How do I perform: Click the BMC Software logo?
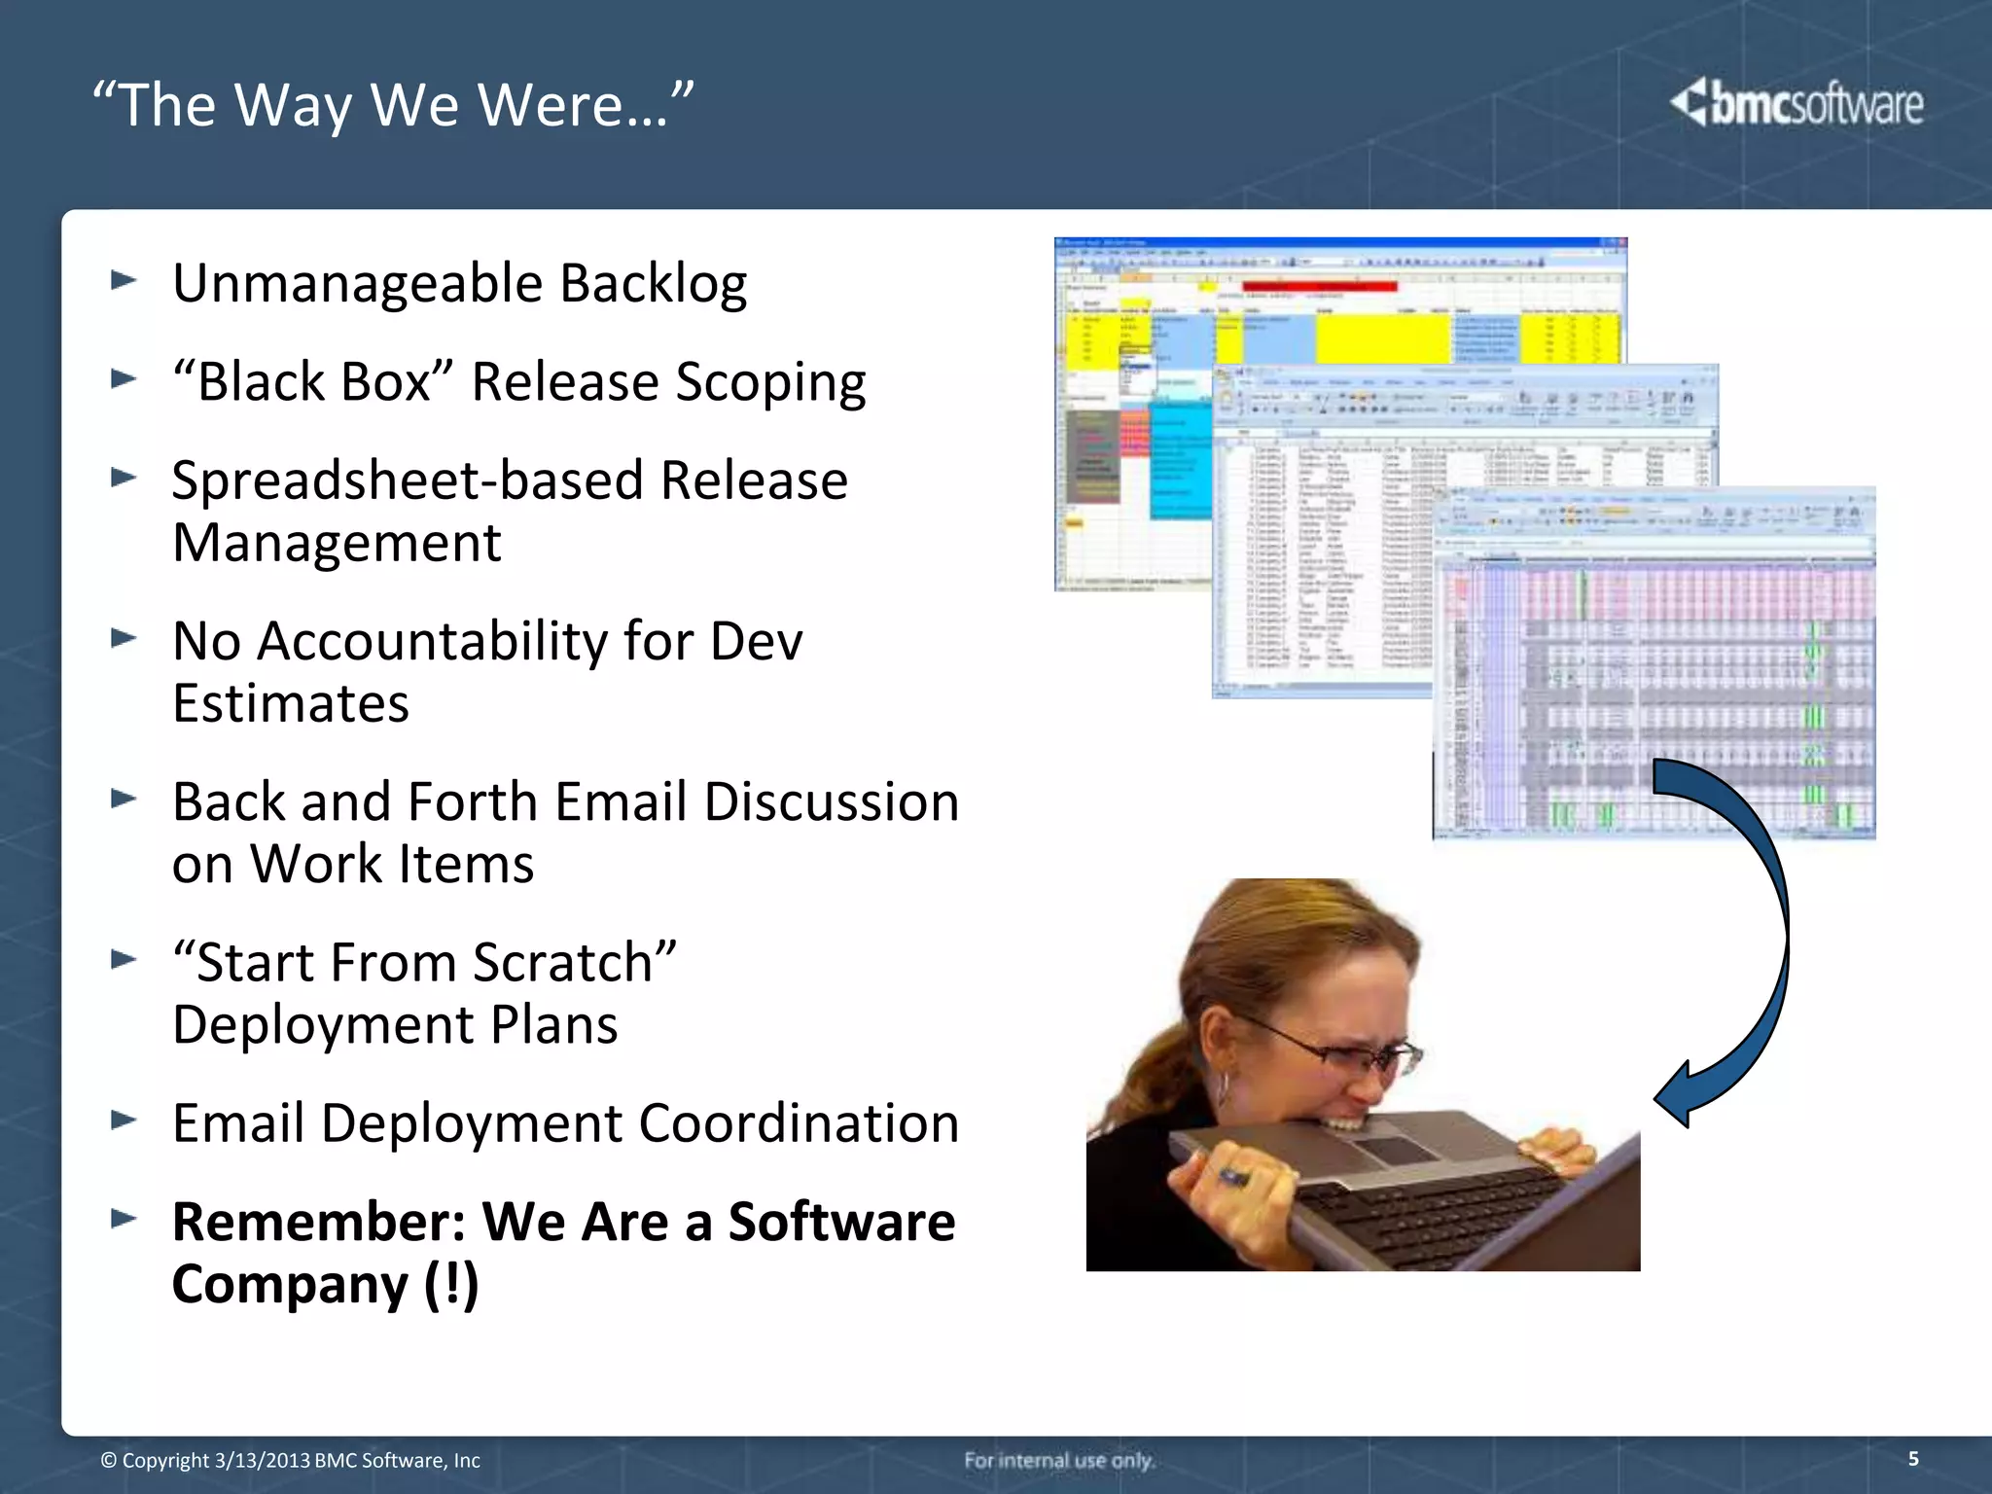tap(1796, 103)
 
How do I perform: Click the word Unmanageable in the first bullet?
tap(357, 284)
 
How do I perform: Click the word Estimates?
tap(290, 703)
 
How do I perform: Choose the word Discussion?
tap(831, 802)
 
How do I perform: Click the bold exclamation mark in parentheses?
tap(451, 1284)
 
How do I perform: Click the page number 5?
tap(1912, 1458)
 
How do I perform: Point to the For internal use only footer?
tap(1058, 1460)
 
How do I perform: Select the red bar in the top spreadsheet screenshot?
tap(1319, 286)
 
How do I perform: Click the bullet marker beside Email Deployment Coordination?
tap(124, 1120)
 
